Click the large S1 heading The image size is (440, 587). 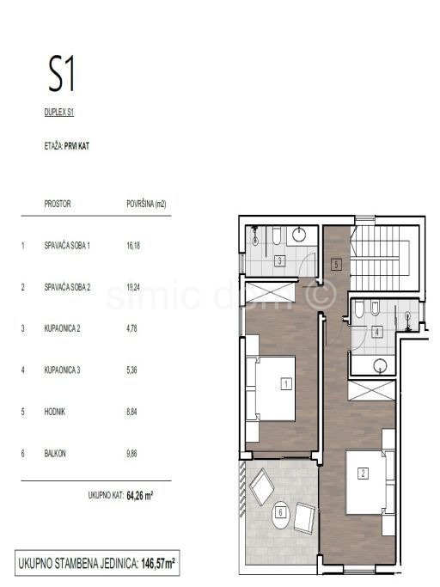61,74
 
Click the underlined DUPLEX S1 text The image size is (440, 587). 59,113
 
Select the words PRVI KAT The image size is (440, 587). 76,146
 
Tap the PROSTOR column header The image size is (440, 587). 58,204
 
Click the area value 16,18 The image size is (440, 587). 133,246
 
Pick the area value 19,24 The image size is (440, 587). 133,287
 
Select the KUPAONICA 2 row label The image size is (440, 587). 62,328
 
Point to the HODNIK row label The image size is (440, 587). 55,412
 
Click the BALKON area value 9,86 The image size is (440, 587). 131,454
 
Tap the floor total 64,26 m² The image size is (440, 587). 140,496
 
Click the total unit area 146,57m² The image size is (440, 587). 158,564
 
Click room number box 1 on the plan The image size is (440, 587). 286,383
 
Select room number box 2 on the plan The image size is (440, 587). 363,474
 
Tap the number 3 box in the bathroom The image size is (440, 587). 280,261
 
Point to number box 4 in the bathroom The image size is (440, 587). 377,332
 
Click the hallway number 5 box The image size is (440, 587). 336,265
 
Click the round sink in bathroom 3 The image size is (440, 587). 299,235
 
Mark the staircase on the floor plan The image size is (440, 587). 385,259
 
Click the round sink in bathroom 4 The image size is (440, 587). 380,366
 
